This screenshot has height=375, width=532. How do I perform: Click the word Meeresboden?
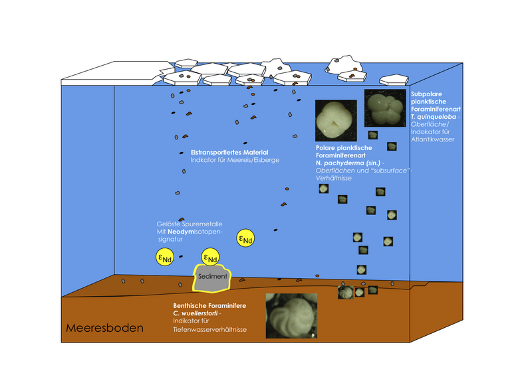[x=104, y=328]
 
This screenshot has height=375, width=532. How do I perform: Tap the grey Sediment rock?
[x=212, y=278]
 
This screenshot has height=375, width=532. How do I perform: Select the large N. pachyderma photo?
[x=336, y=120]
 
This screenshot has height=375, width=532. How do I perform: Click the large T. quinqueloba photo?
[x=385, y=108]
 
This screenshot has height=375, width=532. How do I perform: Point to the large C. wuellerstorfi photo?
[x=291, y=316]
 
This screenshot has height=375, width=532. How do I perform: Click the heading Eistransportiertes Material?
[x=229, y=153]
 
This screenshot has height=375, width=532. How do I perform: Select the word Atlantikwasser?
[x=433, y=139]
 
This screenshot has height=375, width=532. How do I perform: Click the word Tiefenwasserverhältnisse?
[x=209, y=329]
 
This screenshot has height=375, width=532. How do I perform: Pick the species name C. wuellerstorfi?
[x=195, y=313]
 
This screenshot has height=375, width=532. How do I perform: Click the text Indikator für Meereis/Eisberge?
[x=235, y=160]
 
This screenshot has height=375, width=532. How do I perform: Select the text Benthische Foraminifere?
[x=209, y=305]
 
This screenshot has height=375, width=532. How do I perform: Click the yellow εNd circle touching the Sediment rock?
[x=210, y=258]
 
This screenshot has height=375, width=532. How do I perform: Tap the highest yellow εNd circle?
[x=245, y=238]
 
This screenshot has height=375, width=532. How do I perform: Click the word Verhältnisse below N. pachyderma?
[x=334, y=178]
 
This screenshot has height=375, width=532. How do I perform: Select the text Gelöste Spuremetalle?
[x=190, y=224]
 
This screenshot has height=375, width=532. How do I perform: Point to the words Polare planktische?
[x=344, y=148]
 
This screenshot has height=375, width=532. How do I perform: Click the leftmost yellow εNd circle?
[x=165, y=257]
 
